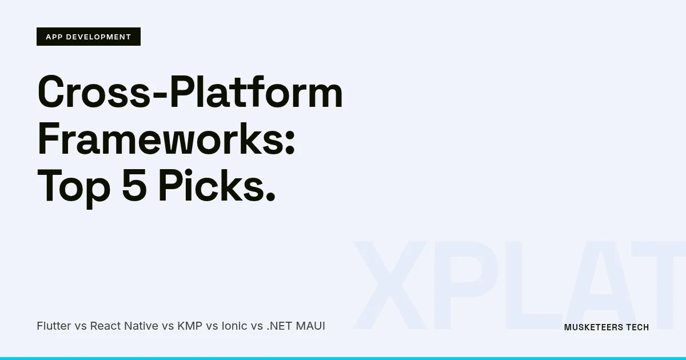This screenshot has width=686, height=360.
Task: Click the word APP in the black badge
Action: tap(54, 37)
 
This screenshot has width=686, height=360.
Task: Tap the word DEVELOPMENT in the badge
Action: tap(98, 37)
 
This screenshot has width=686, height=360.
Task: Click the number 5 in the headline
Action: tap(134, 186)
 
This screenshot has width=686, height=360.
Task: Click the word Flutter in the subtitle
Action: tap(54, 326)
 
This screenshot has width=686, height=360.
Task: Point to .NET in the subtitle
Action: tap(279, 326)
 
